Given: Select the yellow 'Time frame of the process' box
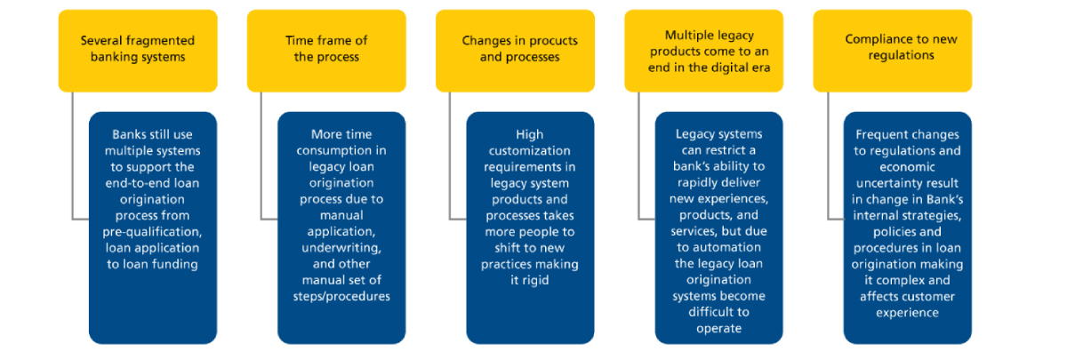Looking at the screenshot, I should tap(325, 50).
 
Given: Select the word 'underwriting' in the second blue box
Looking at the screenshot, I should tap(341, 247).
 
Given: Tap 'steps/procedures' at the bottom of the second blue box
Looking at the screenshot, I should tap(341, 295).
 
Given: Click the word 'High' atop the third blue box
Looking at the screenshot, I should tap(530, 134).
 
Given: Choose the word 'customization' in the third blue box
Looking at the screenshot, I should tap(530, 150).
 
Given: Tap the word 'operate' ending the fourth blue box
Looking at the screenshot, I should tap(718, 328).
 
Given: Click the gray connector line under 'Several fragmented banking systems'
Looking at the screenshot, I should tap(72, 160).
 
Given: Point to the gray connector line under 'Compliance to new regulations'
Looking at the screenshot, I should tap(827, 160).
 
